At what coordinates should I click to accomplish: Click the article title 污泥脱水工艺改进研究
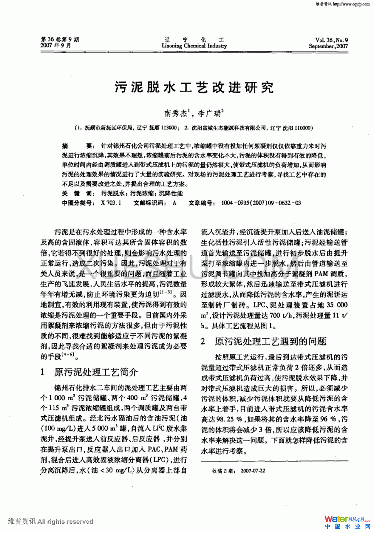click(x=194, y=88)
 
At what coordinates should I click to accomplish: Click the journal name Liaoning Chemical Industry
click(x=194, y=46)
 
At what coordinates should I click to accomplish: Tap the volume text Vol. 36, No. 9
click(x=332, y=40)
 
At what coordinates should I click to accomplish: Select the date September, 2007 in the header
click(x=328, y=46)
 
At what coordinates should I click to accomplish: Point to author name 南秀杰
click(x=176, y=114)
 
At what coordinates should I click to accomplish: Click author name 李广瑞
click(x=209, y=114)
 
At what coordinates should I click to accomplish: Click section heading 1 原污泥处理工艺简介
click(x=89, y=372)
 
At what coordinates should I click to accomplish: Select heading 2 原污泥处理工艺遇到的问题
click(x=264, y=341)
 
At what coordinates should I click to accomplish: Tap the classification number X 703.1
click(x=111, y=203)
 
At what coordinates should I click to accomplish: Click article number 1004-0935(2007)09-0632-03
click(x=261, y=203)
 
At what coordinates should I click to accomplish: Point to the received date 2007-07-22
click(x=253, y=471)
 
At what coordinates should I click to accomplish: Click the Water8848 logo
click(x=347, y=519)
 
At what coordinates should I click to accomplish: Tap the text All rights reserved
click(x=66, y=521)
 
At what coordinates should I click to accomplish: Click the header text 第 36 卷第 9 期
click(x=60, y=39)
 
